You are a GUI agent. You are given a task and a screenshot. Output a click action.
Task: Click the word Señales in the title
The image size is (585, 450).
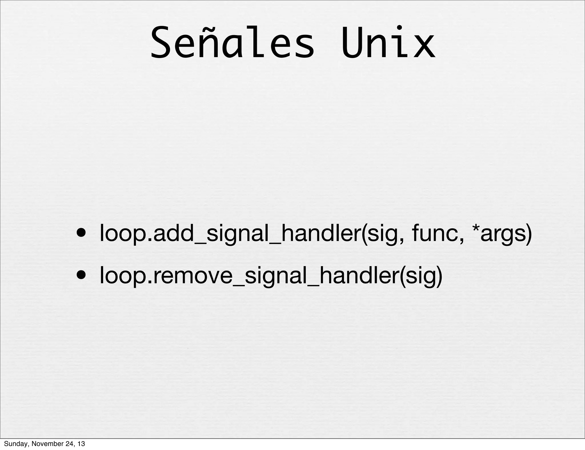click(x=232, y=43)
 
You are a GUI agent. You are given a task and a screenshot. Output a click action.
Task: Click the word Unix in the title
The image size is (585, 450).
click(x=388, y=43)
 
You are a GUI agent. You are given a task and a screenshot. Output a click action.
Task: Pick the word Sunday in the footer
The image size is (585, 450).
click(x=14, y=444)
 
